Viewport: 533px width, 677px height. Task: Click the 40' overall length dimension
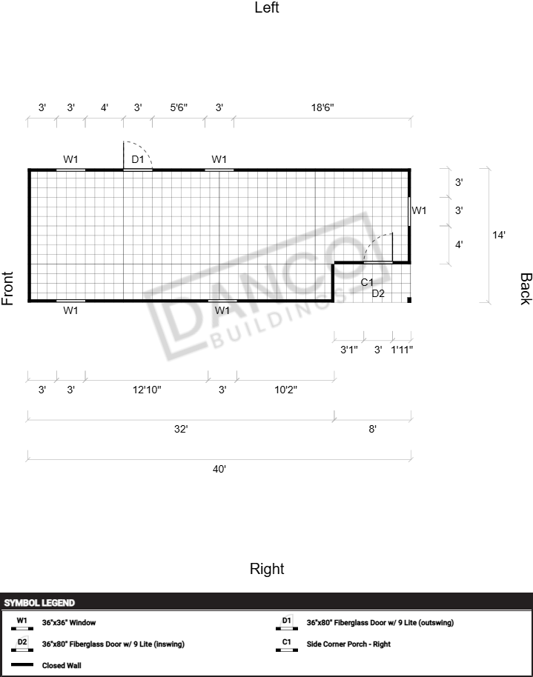(219, 469)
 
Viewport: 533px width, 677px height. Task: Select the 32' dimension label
(181, 429)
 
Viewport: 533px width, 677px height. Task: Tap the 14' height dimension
(499, 235)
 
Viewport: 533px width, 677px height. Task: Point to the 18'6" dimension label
(322, 107)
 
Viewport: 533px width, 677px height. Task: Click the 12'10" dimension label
(147, 390)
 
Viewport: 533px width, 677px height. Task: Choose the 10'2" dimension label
(285, 390)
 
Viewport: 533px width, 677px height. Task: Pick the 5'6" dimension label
(179, 107)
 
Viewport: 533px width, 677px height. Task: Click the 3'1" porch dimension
(349, 350)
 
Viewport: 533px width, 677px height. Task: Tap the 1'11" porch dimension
(402, 350)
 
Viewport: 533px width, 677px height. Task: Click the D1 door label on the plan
(137, 159)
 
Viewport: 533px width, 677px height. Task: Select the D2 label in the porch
(378, 293)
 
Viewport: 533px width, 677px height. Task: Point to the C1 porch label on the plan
(367, 282)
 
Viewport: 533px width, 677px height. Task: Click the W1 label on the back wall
(419, 210)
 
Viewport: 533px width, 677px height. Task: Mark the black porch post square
(409, 300)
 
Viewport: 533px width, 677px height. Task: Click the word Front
(7, 288)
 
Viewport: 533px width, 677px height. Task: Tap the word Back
(526, 289)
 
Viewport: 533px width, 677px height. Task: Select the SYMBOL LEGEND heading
(39, 603)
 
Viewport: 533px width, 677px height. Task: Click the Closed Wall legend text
(62, 665)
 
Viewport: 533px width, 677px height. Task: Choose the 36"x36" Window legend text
(69, 623)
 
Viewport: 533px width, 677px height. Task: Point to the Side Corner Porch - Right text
(348, 644)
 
